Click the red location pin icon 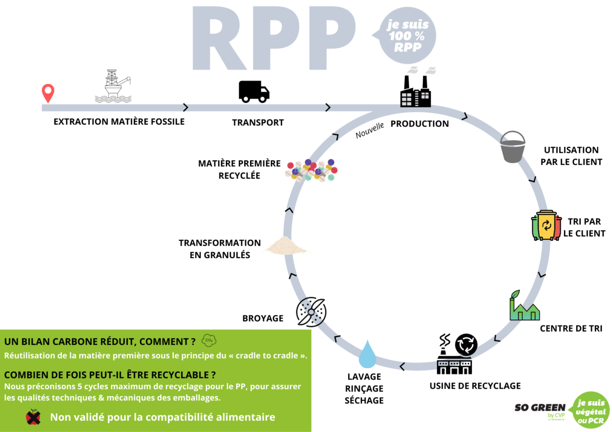pos(48,93)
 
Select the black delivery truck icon pos(253,92)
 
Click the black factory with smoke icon pos(416,91)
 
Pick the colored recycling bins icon pos(546,225)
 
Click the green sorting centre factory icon pos(524,306)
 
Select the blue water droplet pos(367,355)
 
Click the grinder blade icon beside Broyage pos(311,312)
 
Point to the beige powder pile pos(286,246)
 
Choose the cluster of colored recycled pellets pos(311,170)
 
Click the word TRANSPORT pos(258,123)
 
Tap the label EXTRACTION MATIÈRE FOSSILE pos(119,122)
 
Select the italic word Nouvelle pos(370,131)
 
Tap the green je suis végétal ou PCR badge pos(592,411)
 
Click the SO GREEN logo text pos(540,408)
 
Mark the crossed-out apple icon pos(33,417)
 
